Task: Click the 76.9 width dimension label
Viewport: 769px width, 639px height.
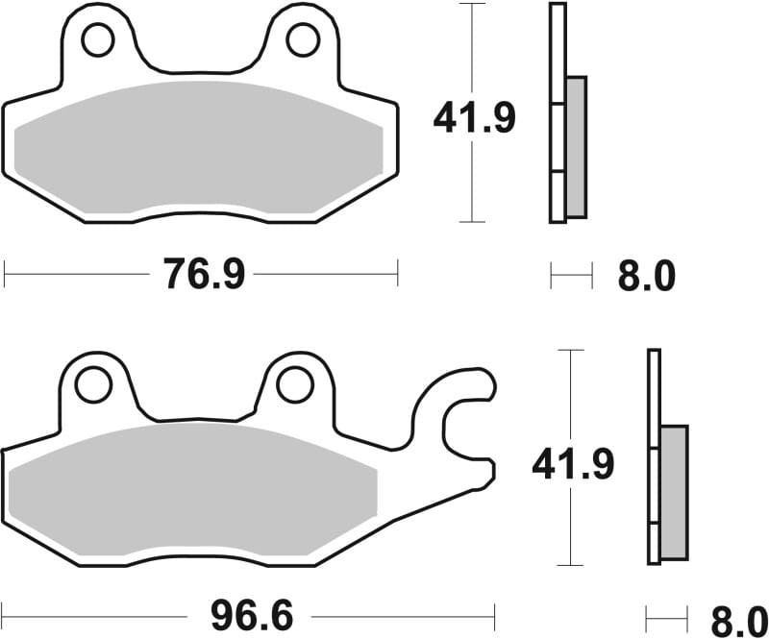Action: click(204, 276)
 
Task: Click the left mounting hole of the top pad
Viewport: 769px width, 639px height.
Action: click(97, 39)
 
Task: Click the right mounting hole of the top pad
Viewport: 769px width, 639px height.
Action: click(302, 39)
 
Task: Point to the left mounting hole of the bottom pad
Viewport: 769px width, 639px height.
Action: click(93, 384)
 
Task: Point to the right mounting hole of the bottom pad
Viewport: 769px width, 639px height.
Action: click(294, 384)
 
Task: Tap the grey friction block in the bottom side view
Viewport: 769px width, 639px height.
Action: click(674, 492)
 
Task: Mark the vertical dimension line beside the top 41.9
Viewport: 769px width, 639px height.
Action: click(471, 58)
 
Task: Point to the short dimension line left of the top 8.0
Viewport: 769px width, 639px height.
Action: click(571, 277)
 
